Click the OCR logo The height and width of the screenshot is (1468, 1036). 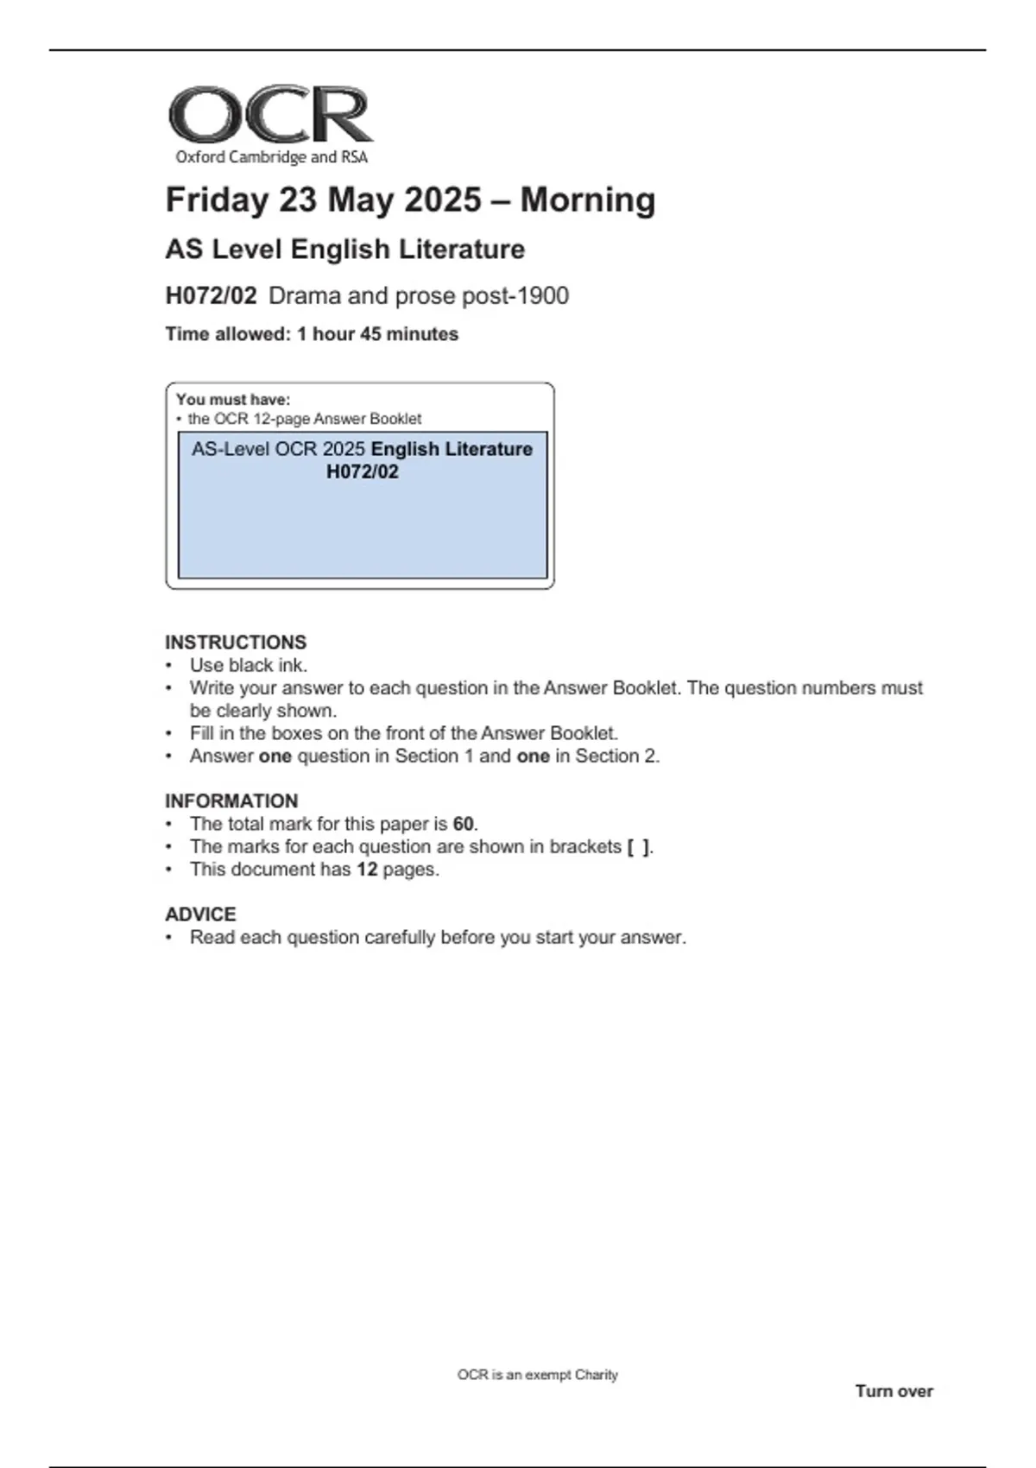(x=270, y=115)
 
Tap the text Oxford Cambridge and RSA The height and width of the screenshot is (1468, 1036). (x=271, y=157)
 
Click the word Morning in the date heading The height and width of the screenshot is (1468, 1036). (x=587, y=199)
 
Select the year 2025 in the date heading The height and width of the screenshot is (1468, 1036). (x=442, y=199)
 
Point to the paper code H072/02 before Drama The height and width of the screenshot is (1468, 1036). (x=211, y=296)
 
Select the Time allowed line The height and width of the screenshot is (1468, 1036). (x=312, y=334)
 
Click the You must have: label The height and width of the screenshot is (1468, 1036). (x=233, y=400)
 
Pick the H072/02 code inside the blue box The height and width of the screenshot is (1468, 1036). (x=363, y=471)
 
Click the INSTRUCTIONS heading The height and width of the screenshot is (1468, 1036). (x=236, y=642)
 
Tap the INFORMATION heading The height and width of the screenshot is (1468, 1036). (x=231, y=801)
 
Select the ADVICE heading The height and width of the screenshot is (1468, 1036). (x=200, y=914)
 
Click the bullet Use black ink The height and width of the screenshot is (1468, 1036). (x=249, y=666)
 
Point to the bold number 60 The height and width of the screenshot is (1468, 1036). (x=464, y=824)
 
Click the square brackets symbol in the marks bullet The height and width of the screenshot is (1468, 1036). (x=638, y=847)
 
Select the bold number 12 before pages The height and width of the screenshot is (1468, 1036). (x=367, y=870)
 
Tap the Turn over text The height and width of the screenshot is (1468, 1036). (x=894, y=1391)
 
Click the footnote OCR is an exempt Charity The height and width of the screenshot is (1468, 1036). (x=537, y=1375)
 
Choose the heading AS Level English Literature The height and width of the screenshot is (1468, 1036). (x=344, y=250)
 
